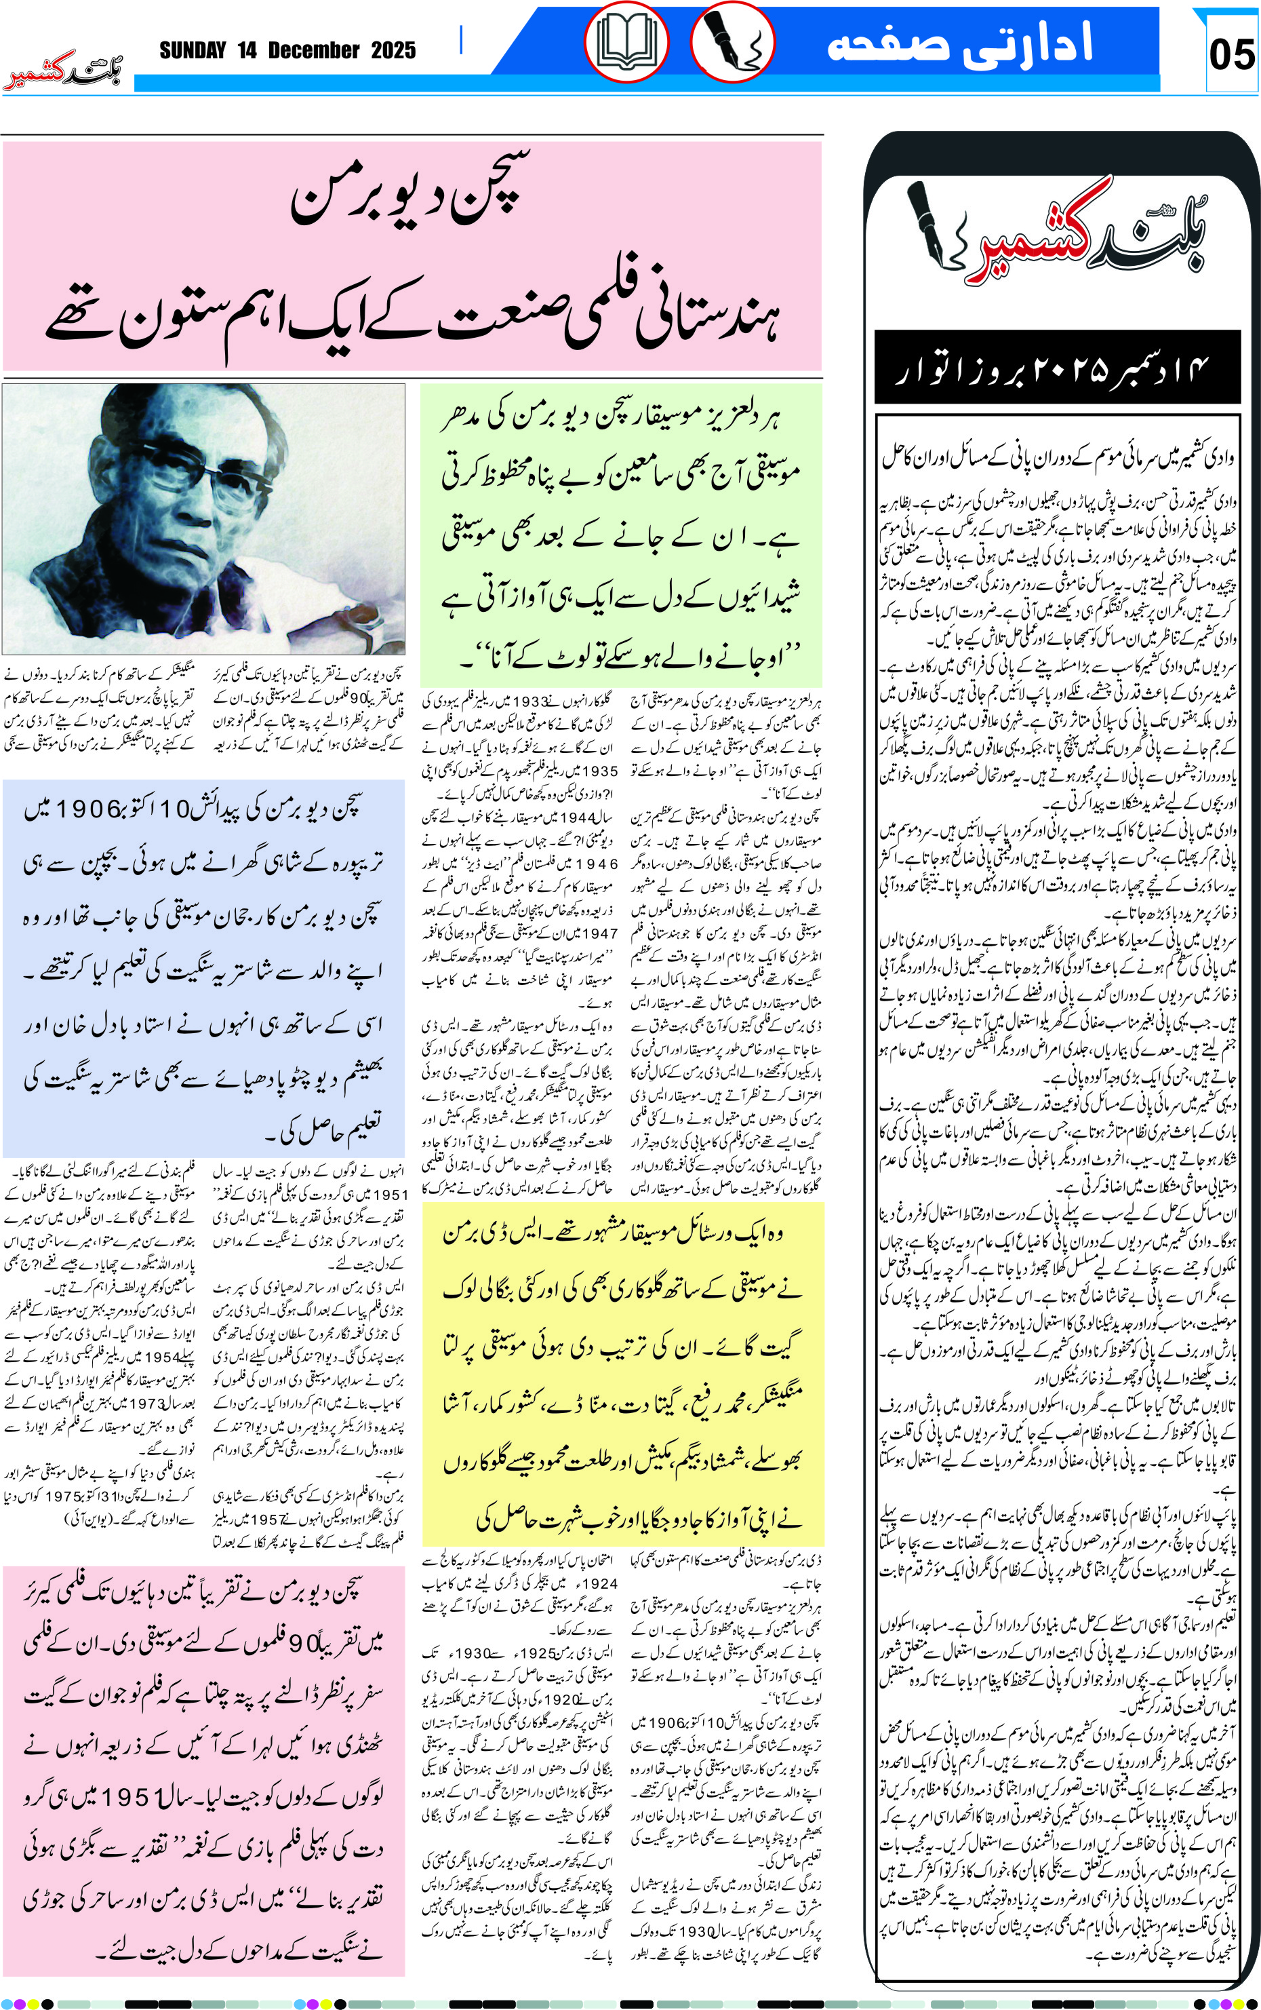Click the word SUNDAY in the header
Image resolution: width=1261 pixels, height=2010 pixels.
tap(193, 51)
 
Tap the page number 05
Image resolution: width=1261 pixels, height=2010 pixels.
tap(1231, 55)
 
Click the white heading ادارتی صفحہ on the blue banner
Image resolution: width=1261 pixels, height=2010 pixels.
tap(959, 43)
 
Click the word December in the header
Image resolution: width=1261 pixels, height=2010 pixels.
tap(314, 51)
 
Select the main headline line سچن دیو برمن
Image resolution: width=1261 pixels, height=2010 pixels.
tap(406, 193)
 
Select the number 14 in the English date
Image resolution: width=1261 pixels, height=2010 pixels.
tap(247, 51)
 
